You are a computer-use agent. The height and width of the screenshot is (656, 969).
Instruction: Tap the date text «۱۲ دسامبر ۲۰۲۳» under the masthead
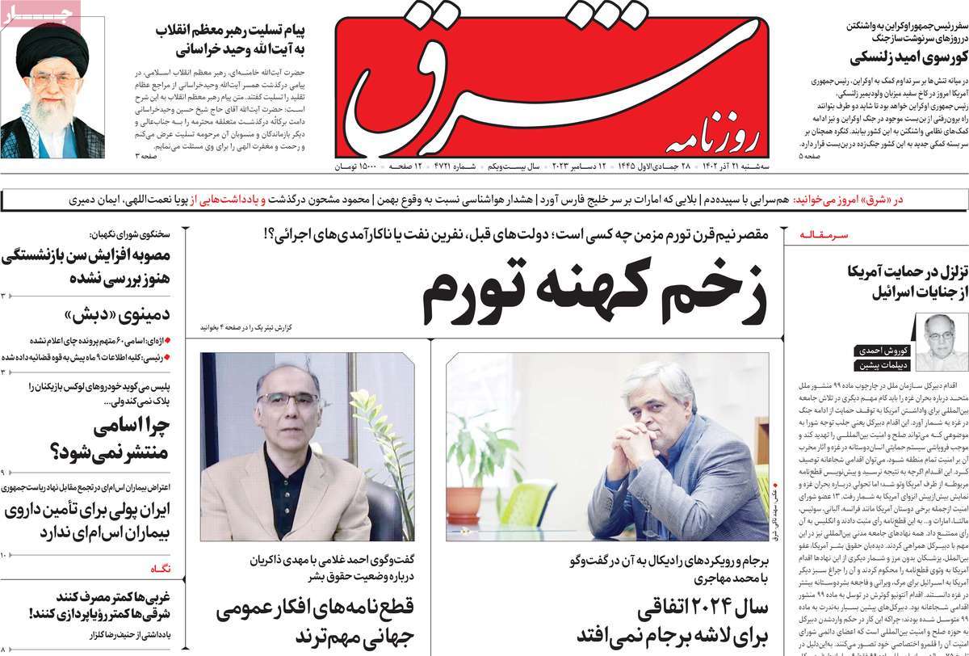pos(585,167)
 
